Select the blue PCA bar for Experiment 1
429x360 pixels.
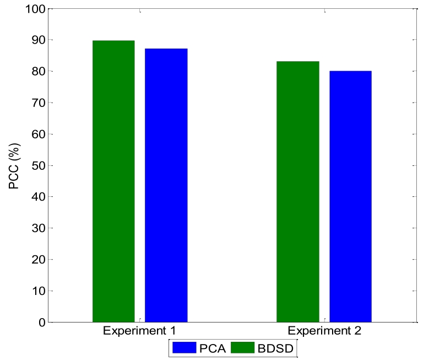point(166,185)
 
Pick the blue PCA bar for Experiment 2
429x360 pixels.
point(350,196)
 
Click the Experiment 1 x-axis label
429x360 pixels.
point(139,331)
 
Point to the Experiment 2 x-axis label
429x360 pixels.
point(324,331)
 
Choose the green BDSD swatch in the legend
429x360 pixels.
point(243,348)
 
